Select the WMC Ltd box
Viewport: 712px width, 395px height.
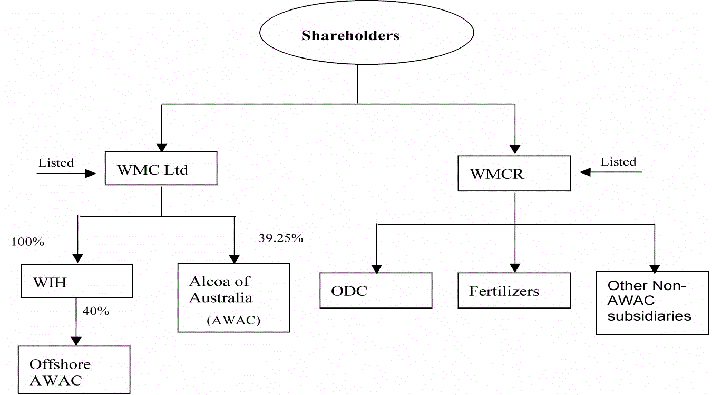(161, 168)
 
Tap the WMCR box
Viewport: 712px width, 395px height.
(513, 173)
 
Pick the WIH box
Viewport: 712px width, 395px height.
(76, 281)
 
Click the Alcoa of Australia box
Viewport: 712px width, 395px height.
(233, 297)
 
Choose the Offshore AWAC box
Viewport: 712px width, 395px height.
(74, 370)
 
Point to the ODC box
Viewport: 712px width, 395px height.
(375, 291)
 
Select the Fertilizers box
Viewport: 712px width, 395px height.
(513, 291)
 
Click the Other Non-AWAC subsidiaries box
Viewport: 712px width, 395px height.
(652, 303)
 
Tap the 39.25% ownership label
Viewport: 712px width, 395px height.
(280, 238)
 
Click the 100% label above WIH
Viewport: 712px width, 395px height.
(27, 242)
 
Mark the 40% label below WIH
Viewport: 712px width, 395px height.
(95, 311)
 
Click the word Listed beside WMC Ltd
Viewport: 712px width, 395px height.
(56, 162)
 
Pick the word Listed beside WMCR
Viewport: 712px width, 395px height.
(619, 161)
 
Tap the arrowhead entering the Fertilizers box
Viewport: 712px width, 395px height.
(514, 268)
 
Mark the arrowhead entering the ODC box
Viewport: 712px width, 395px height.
(377, 268)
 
